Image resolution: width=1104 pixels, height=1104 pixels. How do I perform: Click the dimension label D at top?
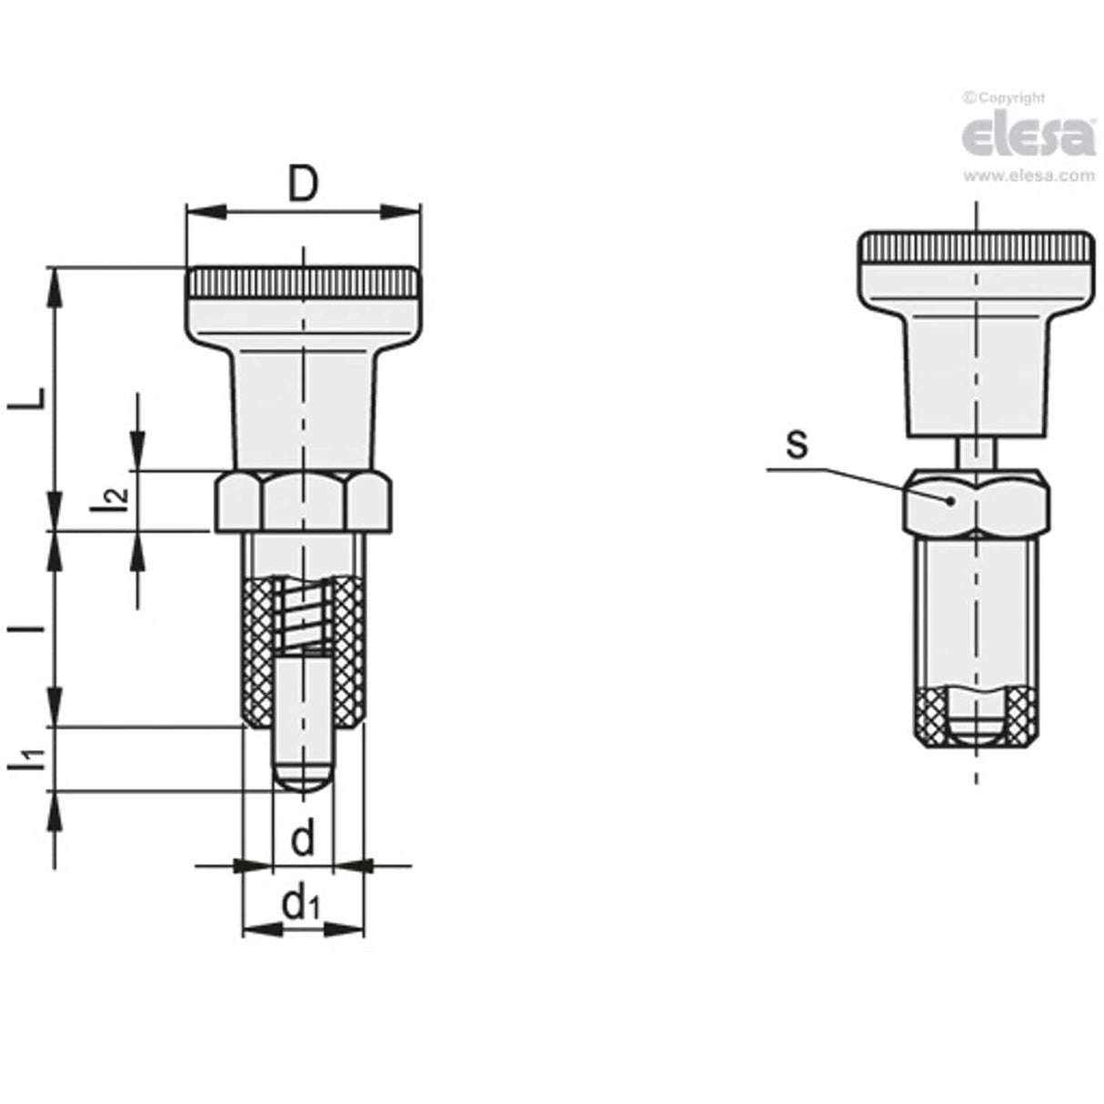[x=303, y=185]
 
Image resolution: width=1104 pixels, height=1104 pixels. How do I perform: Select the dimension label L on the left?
[x=31, y=400]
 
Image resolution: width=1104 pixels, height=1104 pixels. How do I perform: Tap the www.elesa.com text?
[x=1029, y=176]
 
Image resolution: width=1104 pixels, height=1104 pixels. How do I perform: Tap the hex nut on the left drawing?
[x=304, y=501]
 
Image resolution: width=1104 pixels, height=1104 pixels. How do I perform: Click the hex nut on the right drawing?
[x=977, y=501]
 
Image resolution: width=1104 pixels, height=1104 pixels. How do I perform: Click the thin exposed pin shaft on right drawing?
[x=977, y=452]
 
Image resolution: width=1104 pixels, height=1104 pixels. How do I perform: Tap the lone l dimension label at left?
[x=31, y=627]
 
